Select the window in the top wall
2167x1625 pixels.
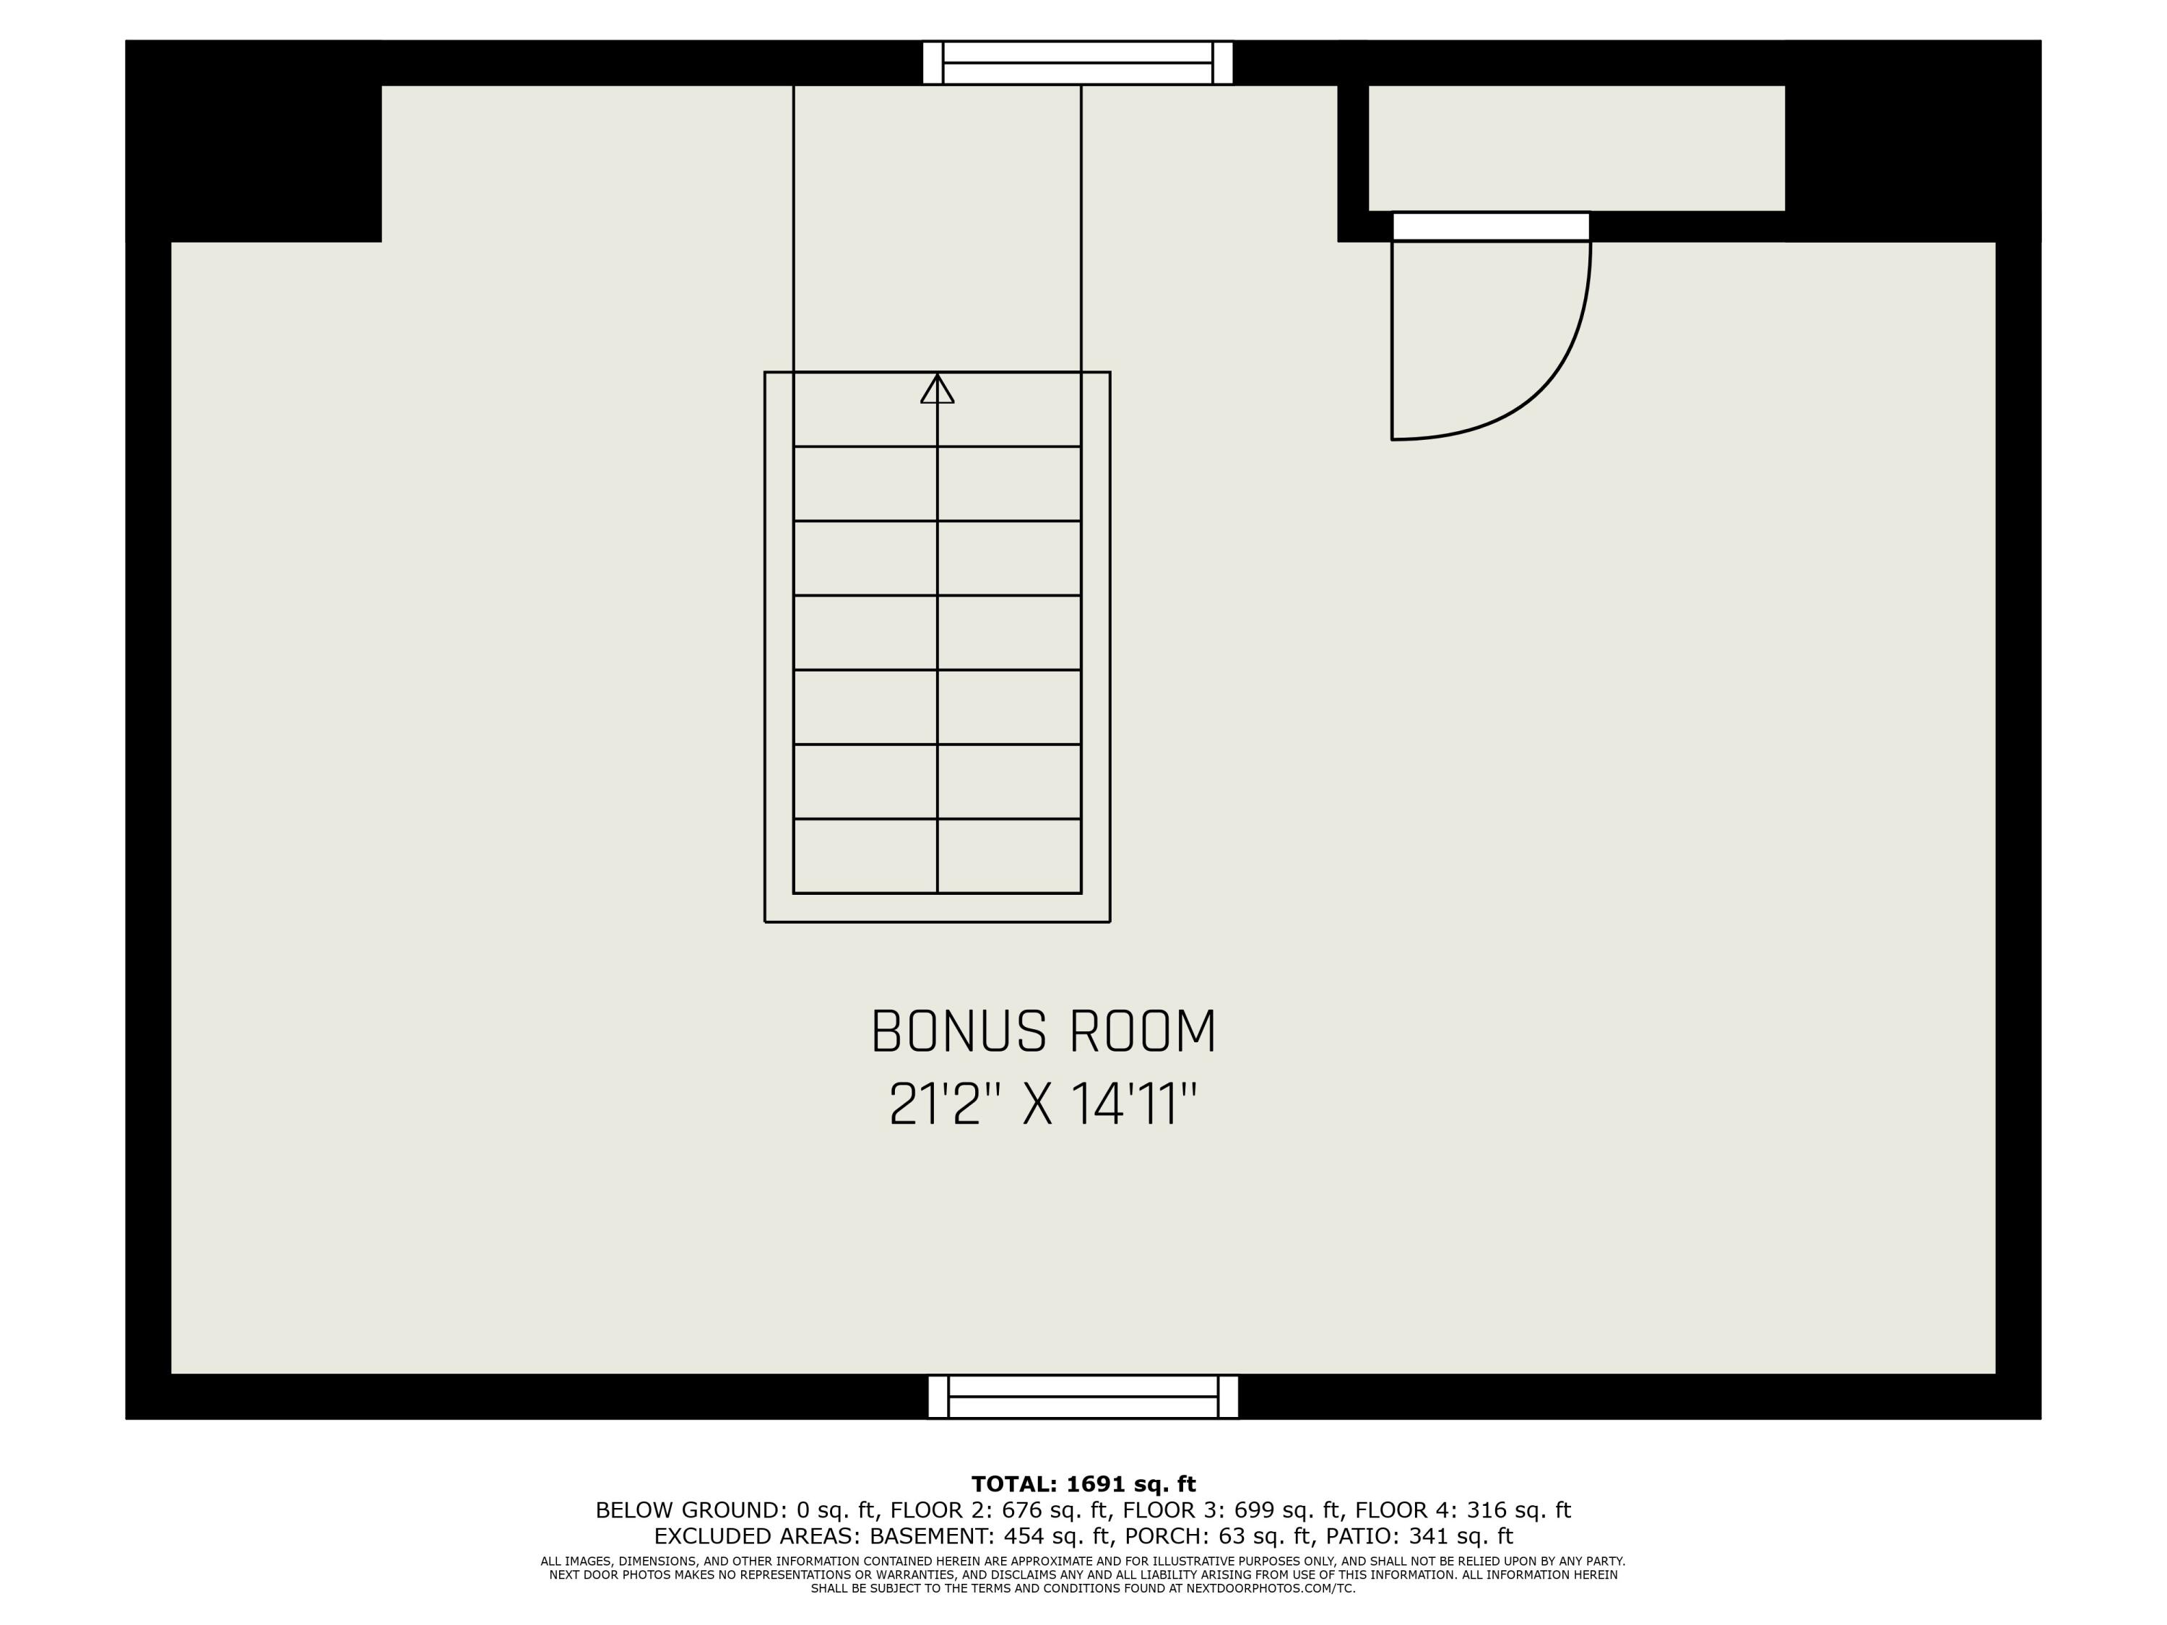coord(1078,63)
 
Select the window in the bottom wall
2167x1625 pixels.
coord(1083,1396)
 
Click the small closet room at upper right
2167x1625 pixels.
coord(1575,148)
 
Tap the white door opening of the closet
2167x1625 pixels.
coord(1490,226)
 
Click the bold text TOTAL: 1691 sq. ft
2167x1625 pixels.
coord(1083,1484)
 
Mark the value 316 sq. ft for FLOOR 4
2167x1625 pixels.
coord(1518,1510)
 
